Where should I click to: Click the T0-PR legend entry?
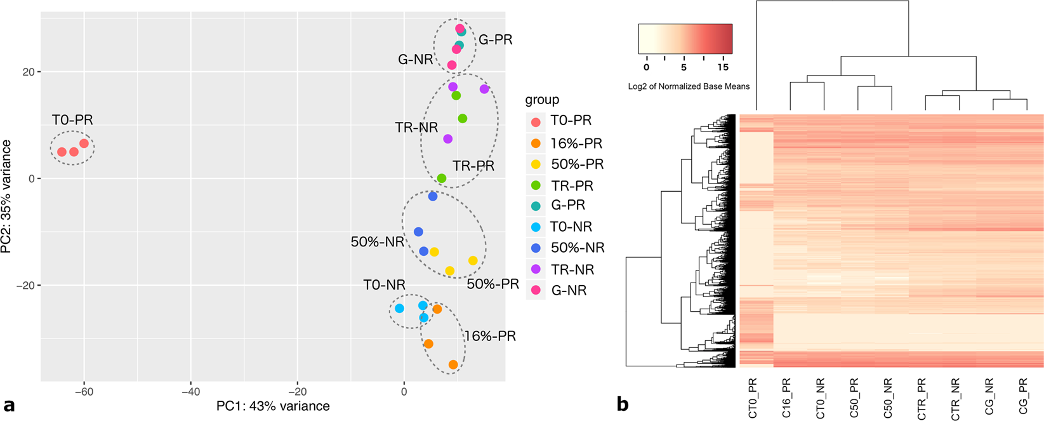571,121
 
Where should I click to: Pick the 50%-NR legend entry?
578,248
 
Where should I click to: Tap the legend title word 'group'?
542,100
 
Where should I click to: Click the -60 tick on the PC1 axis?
84,392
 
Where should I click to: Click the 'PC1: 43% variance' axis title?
273,406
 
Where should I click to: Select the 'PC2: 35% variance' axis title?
8,196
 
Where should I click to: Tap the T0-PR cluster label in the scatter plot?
72,120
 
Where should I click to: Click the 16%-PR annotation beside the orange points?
490,336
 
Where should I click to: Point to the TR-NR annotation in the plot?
416,128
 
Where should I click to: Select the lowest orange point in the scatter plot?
453,365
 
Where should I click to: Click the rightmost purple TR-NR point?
484,90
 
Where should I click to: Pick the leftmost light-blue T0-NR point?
399,309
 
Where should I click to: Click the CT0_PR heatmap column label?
753,398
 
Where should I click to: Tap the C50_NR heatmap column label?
888,398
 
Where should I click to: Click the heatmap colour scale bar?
685,39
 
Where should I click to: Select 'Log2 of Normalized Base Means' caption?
689,86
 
